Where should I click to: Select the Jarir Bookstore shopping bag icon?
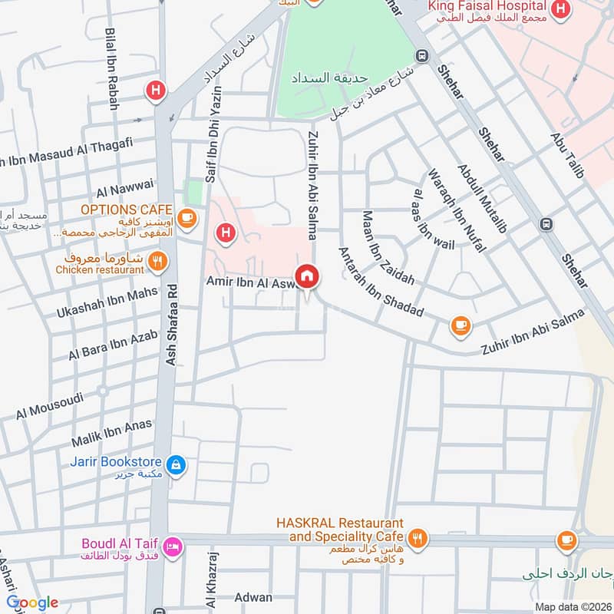[x=176, y=466]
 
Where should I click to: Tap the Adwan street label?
[x=253, y=597]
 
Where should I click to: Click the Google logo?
[x=32, y=603]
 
